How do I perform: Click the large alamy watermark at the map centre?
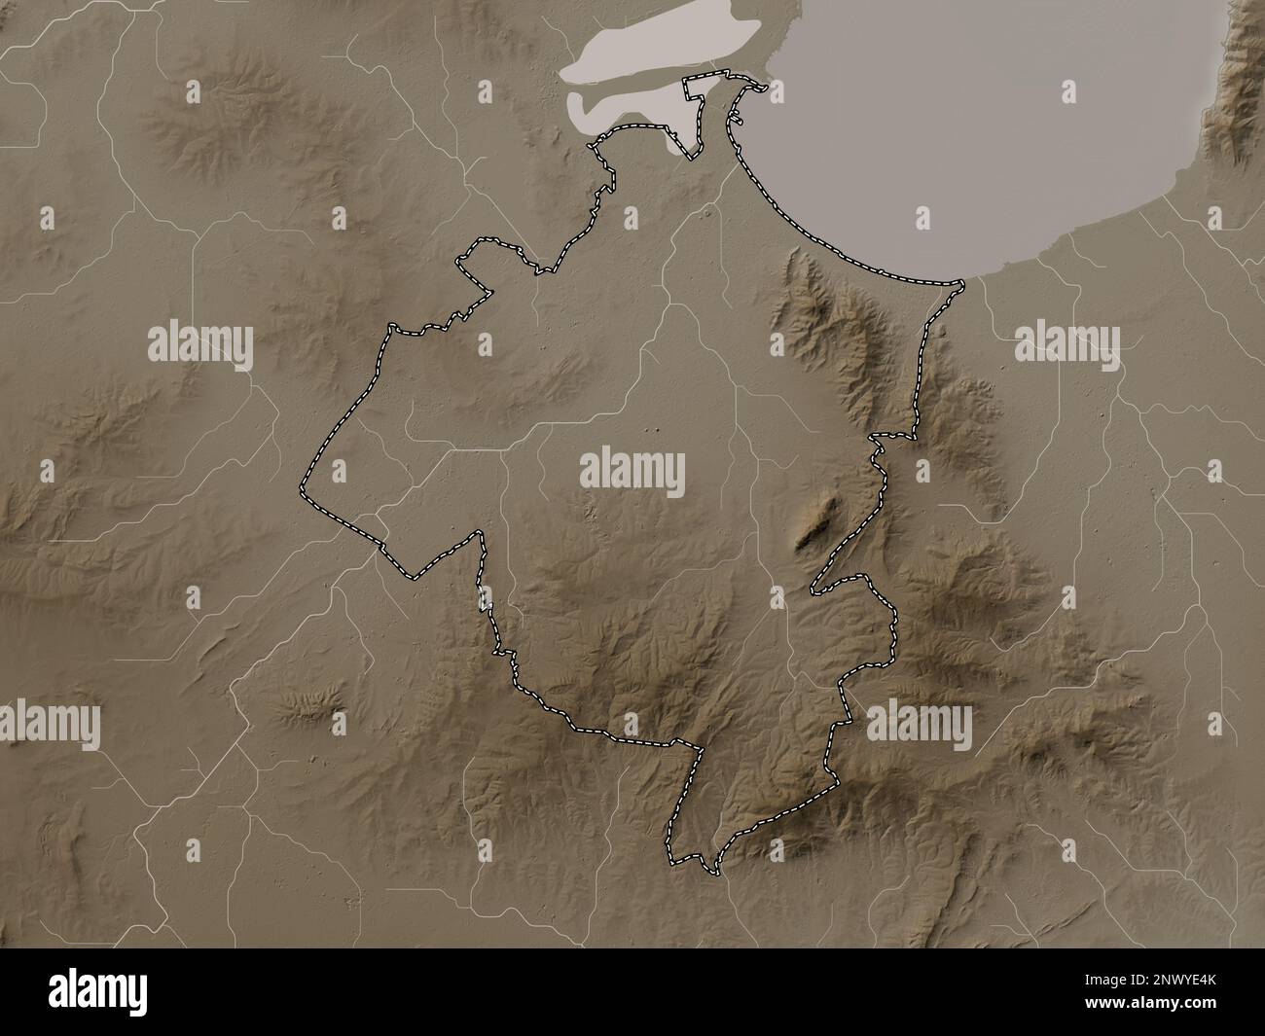point(632,474)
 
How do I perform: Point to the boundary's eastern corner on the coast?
point(961,284)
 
